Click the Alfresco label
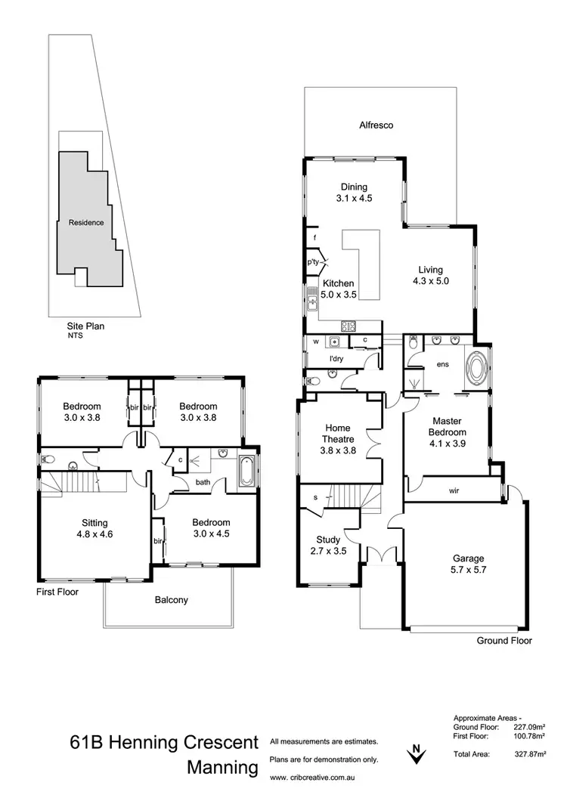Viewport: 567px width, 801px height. coord(376,125)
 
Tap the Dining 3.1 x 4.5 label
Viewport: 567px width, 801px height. coord(354,193)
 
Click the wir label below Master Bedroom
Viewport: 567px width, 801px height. coord(453,490)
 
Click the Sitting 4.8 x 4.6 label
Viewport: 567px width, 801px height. coord(95,528)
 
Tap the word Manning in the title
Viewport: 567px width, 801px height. coord(222,769)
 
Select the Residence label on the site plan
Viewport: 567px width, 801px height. coord(86,222)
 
